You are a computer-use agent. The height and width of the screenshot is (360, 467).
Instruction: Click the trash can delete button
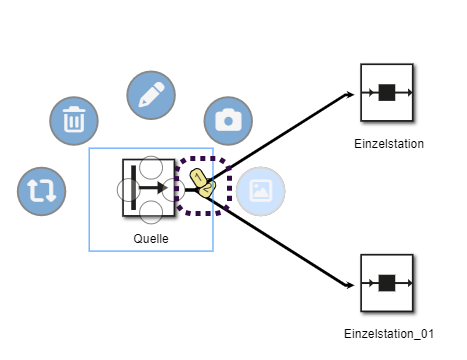(74, 121)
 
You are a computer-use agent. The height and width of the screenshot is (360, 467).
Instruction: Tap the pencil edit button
(151, 95)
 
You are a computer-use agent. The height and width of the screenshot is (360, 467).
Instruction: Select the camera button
(228, 121)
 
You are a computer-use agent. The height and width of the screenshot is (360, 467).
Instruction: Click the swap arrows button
(42, 191)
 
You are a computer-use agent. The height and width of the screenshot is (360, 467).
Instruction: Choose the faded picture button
(261, 191)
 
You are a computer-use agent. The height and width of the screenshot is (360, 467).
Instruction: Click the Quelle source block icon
(149, 188)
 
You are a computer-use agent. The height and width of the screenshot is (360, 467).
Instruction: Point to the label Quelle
(151, 239)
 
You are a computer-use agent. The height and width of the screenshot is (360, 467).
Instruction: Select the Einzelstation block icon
(387, 92)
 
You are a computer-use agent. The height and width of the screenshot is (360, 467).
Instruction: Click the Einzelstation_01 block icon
(387, 283)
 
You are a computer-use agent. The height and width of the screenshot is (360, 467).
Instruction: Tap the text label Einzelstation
(389, 144)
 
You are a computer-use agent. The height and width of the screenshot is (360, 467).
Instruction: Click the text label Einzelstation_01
(389, 334)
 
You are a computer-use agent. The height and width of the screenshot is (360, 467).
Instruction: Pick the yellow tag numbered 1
(198, 177)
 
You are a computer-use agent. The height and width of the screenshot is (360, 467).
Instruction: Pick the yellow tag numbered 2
(207, 189)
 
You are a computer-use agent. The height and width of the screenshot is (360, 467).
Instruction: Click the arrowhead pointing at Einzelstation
(350, 95)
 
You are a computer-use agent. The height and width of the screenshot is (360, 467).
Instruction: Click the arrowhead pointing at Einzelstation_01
(350, 285)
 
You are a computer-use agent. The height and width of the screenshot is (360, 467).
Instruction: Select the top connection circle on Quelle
(151, 167)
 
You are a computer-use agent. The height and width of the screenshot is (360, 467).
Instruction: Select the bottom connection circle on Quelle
(151, 212)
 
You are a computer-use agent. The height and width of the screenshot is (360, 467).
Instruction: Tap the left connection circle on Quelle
(129, 190)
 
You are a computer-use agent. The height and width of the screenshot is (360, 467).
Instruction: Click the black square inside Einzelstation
(387, 92)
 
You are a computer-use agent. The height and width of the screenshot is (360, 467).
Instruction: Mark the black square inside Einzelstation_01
(387, 283)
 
